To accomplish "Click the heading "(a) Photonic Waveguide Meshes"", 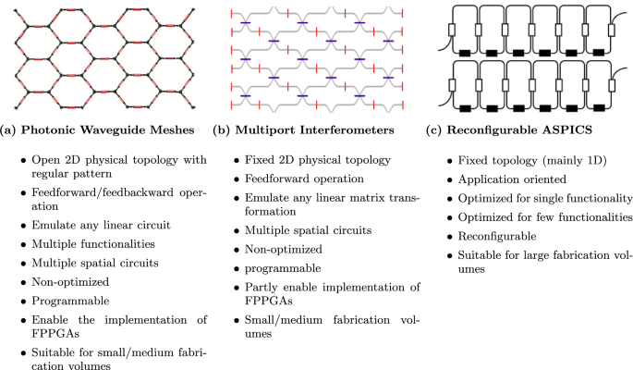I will (101, 129).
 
